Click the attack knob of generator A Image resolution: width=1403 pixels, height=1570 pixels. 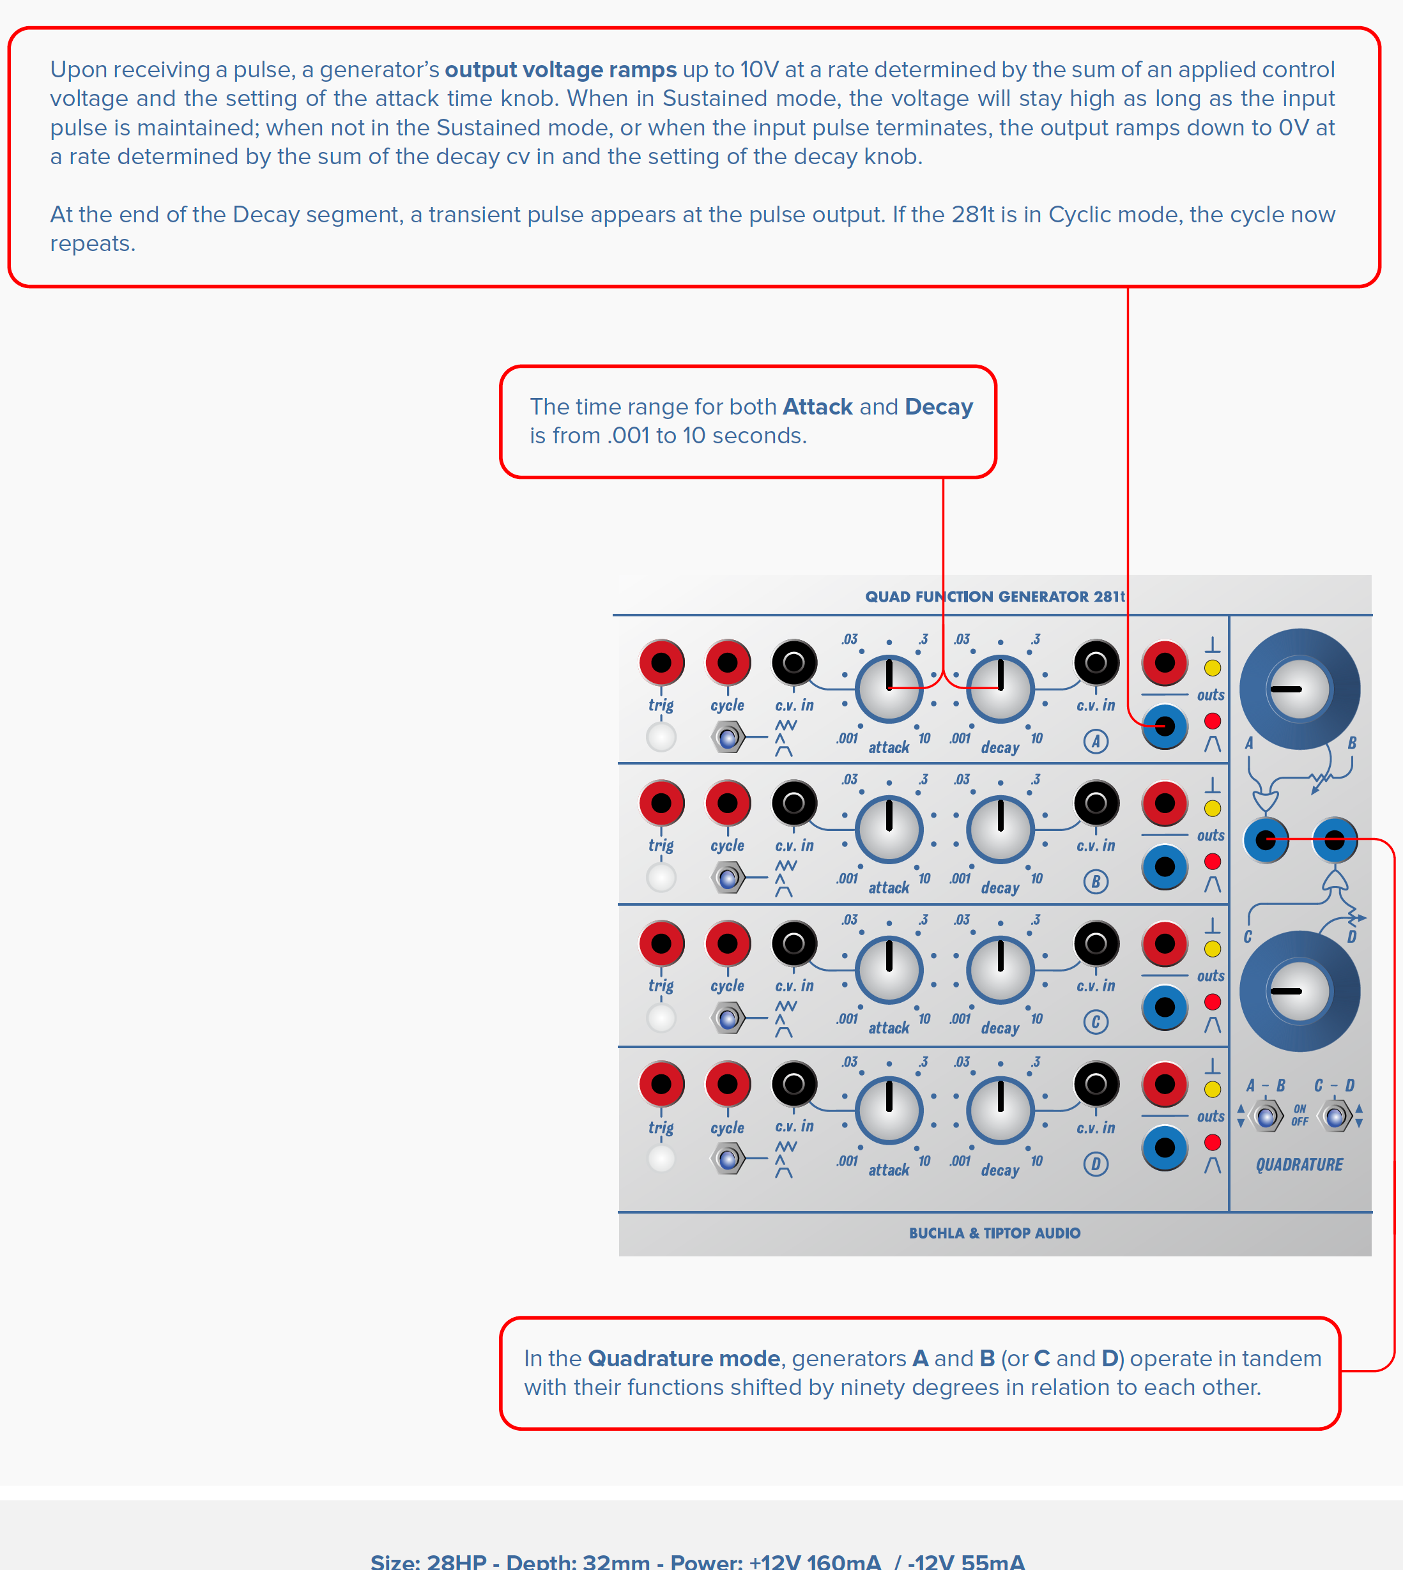click(x=889, y=689)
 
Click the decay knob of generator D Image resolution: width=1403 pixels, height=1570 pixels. click(x=1000, y=1110)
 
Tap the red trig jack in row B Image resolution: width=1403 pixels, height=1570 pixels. click(x=661, y=803)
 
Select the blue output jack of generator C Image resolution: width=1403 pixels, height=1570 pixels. click(x=1164, y=1007)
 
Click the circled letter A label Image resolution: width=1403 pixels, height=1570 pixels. click(x=1096, y=742)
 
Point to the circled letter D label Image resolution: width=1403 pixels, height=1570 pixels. click(x=1096, y=1163)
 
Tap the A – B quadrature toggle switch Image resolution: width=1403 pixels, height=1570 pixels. click(x=1266, y=1116)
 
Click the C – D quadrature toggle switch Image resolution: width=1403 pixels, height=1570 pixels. click(x=1335, y=1116)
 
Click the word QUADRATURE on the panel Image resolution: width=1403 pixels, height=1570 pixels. click(x=1299, y=1164)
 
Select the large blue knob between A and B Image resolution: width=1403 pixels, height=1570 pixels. click(x=1299, y=689)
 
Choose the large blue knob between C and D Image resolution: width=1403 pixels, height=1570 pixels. click(x=1299, y=991)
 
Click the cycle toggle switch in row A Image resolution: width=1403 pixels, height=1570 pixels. click(x=728, y=738)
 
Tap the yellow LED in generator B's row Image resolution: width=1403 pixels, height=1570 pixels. click(x=1213, y=809)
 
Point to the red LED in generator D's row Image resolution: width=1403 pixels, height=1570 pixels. click(x=1213, y=1142)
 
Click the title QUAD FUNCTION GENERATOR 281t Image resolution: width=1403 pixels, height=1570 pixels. click(x=995, y=597)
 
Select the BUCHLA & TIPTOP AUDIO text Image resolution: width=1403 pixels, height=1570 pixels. click(x=995, y=1233)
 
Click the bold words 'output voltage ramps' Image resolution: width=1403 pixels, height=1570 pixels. click(x=560, y=70)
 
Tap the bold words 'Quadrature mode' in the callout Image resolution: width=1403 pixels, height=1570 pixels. click(x=684, y=1358)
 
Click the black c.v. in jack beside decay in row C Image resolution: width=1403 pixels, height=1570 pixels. click(x=1096, y=943)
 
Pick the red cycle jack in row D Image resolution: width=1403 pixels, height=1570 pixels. click(x=728, y=1084)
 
